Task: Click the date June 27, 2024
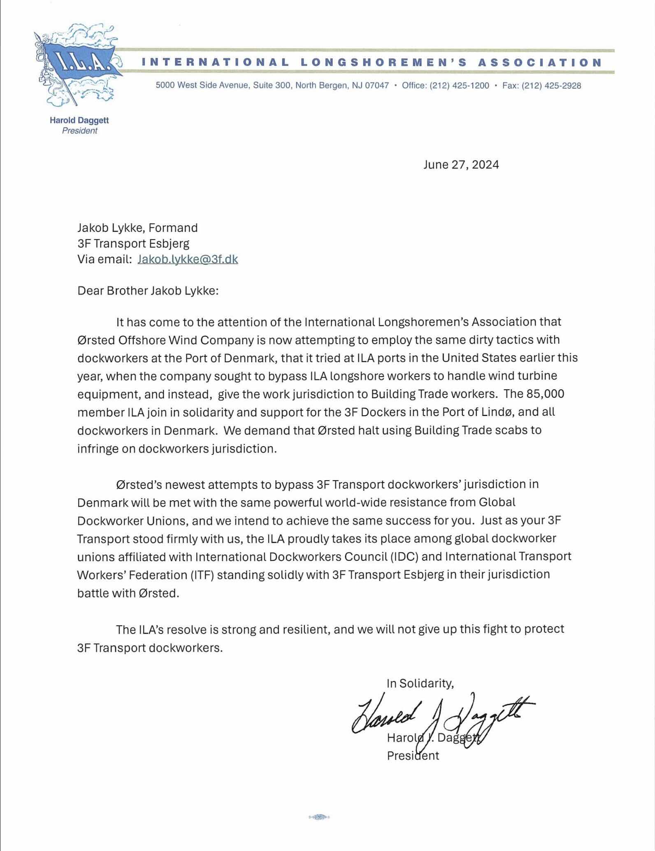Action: pos(461,165)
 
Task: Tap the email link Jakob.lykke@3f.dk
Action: pos(188,259)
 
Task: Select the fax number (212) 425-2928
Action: pos(551,86)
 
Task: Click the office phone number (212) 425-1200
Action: pos(460,86)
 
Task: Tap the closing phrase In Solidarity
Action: pos(420,683)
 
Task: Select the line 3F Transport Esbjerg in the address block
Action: pos(133,243)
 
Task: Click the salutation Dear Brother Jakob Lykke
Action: pos(148,291)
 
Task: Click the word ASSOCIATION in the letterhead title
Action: pos(540,62)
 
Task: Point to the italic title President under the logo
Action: pos(79,131)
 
